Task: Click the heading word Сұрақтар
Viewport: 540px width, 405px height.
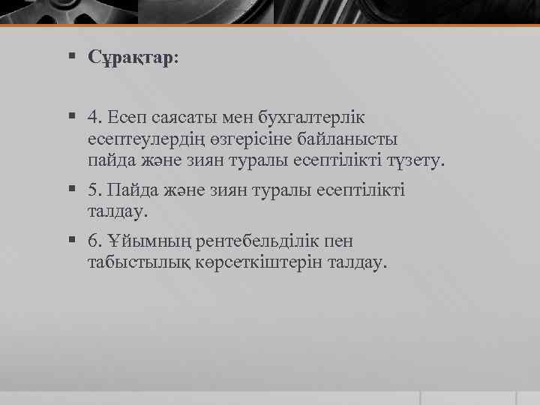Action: (x=132, y=58)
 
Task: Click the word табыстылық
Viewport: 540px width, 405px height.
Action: (x=139, y=263)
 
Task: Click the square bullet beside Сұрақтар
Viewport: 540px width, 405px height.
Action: (x=71, y=57)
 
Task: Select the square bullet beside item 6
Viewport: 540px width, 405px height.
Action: (x=71, y=241)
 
